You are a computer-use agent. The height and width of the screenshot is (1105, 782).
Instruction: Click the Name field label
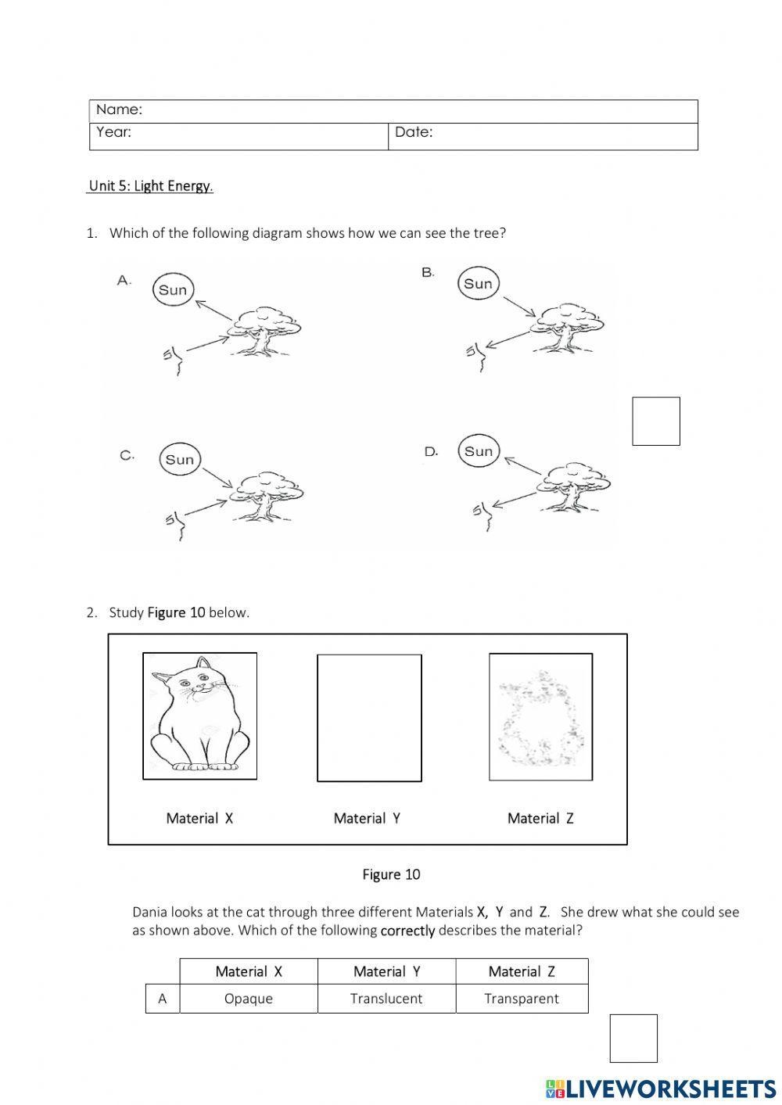[119, 110]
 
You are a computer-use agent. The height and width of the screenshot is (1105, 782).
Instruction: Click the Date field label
[413, 132]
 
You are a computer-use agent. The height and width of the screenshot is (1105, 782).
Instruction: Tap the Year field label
[113, 132]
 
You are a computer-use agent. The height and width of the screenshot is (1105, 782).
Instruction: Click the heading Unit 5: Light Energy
[150, 186]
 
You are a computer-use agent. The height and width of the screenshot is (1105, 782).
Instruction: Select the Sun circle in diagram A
[173, 290]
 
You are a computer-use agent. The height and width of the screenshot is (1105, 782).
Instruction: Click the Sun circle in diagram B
[478, 284]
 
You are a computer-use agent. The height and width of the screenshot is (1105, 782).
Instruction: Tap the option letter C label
[127, 455]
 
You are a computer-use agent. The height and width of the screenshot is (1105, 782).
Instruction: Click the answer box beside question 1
[655, 422]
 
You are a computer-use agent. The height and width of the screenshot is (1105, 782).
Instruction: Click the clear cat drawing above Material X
[199, 716]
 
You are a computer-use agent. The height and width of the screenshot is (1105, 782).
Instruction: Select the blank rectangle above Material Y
[369, 718]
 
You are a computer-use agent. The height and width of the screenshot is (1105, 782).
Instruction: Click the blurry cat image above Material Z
[540, 716]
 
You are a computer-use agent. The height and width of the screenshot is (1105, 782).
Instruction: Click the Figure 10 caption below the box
[391, 874]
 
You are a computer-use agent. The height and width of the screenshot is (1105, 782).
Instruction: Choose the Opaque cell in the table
[249, 999]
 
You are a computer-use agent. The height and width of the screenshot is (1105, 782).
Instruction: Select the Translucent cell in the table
[386, 999]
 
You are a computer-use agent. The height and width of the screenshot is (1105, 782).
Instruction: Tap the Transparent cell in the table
[522, 999]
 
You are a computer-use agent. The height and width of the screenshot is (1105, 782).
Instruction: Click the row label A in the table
[163, 999]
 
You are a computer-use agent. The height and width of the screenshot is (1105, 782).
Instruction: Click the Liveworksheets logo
[661, 1089]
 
